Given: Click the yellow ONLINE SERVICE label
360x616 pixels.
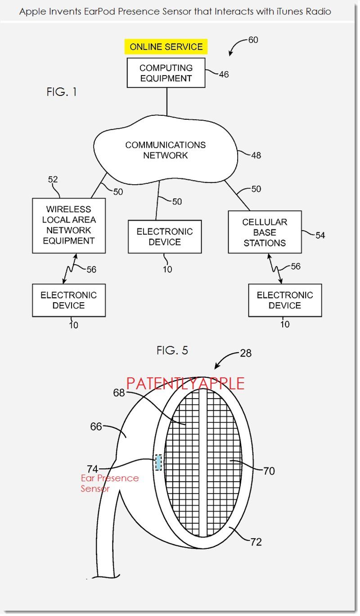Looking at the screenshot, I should (x=166, y=47).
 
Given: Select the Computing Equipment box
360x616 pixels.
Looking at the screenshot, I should (x=166, y=73).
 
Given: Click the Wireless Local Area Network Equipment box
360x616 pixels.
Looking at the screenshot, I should (x=69, y=225).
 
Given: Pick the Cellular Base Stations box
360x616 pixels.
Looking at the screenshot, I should (x=264, y=232).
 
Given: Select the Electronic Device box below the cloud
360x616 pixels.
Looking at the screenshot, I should (x=164, y=237).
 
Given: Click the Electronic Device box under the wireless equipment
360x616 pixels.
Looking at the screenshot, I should (x=68, y=300).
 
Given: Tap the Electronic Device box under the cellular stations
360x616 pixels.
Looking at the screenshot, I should (x=285, y=300).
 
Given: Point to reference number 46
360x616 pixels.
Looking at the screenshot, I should (x=224, y=74).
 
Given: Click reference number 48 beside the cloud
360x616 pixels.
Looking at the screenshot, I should (x=256, y=155).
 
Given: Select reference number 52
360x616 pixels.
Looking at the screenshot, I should (x=53, y=180).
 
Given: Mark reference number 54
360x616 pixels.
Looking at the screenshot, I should (x=320, y=235).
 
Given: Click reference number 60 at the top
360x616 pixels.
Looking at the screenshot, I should (x=253, y=40).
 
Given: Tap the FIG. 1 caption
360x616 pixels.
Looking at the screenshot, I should (x=62, y=92).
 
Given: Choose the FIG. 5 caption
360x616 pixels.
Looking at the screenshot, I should (x=172, y=350).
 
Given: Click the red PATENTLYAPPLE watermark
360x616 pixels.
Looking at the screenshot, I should (x=185, y=384).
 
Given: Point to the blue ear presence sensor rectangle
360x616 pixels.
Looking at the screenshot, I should (x=158, y=462).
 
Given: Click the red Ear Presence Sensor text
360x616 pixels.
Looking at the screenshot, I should (x=109, y=483).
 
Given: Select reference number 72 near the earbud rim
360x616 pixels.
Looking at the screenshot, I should (x=256, y=542).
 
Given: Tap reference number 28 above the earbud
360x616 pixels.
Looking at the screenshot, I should (x=246, y=353).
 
